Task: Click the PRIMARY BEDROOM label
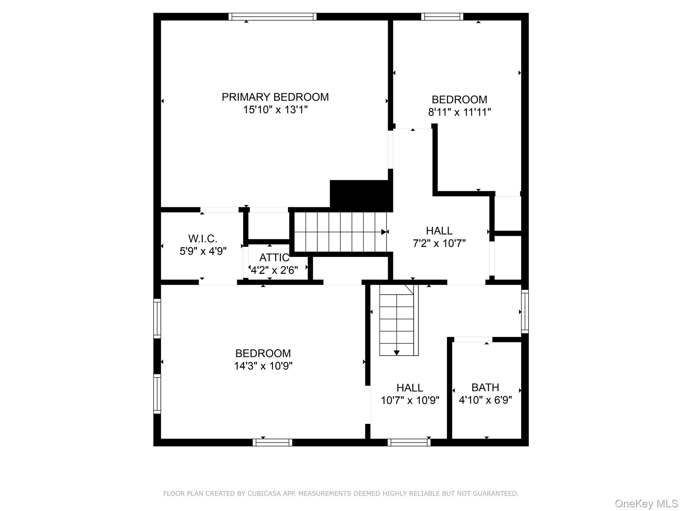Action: click(275, 97)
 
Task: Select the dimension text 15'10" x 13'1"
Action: click(275, 109)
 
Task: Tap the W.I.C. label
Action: click(203, 239)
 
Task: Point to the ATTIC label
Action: click(274, 257)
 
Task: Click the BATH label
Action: click(485, 387)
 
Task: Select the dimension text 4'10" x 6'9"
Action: click(485, 400)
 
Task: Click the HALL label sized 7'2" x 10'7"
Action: click(439, 231)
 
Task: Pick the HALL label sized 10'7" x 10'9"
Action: click(410, 388)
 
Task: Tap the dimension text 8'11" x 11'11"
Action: click(459, 112)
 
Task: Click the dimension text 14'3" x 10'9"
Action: click(263, 366)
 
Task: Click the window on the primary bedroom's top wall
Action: click(272, 17)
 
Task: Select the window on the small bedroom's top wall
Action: click(442, 17)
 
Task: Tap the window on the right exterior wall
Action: click(525, 311)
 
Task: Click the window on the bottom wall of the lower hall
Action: click(409, 442)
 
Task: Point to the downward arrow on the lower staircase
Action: click(397, 353)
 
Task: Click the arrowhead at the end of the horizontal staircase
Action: click(384, 232)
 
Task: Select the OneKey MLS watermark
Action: click(646, 503)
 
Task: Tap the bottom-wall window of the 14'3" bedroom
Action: click(272, 442)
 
